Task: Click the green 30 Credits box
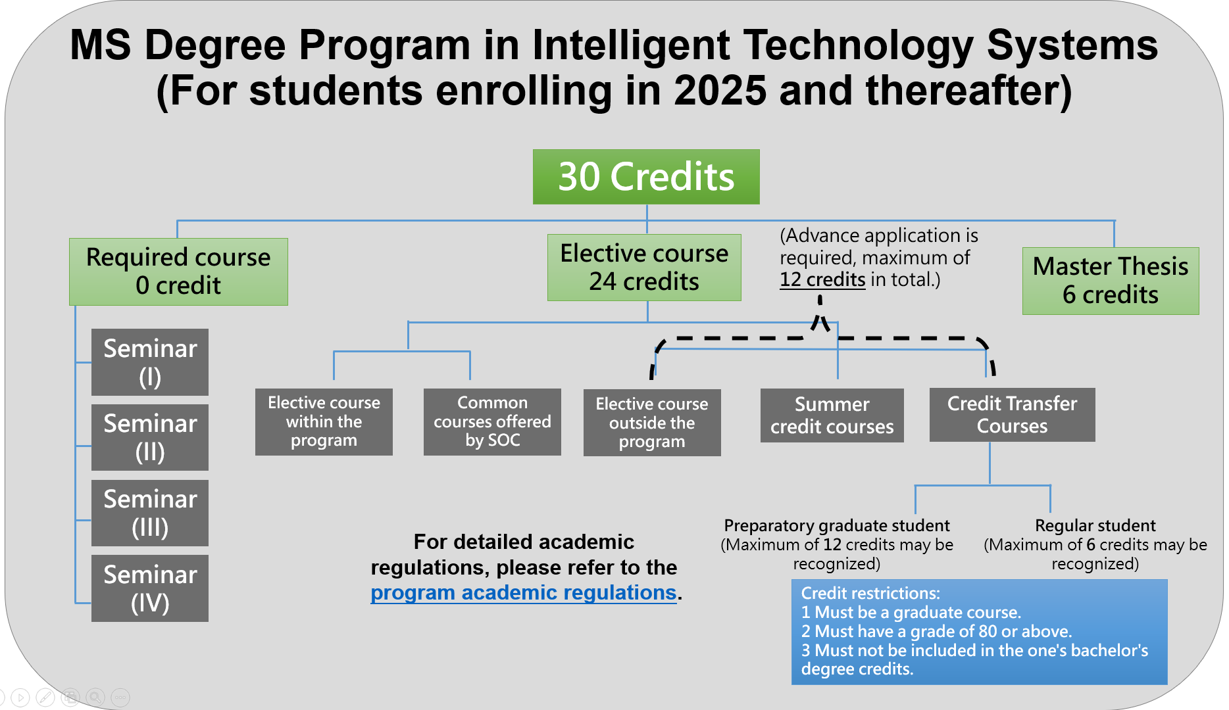click(646, 177)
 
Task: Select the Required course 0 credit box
click(178, 272)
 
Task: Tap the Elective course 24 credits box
click(644, 268)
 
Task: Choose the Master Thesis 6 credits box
click(1111, 281)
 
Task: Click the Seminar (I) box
click(150, 362)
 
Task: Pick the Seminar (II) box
click(150, 437)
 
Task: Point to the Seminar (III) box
click(150, 513)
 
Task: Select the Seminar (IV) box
click(150, 588)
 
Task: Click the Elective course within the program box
click(324, 421)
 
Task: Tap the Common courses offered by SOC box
click(492, 421)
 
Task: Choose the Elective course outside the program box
click(652, 423)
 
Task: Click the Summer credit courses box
click(832, 415)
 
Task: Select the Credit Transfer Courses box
click(1013, 415)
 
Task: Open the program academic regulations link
click(524, 592)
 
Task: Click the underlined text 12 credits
click(822, 279)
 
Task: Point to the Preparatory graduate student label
click(837, 525)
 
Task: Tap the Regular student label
click(1095, 525)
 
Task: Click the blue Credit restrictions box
click(980, 632)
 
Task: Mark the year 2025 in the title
click(720, 90)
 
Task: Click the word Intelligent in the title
click(632, 45)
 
